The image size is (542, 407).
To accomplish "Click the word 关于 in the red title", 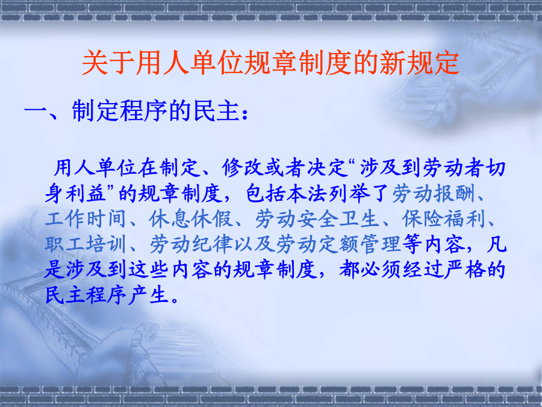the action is tap(108, 63).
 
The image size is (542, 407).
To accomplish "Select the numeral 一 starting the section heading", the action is tap(36, 112).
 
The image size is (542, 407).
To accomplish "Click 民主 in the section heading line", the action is tap(217, 111).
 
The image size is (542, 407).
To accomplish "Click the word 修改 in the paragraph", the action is tap(243, 168).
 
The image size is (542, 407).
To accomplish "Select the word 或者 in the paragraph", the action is tap(285, 168).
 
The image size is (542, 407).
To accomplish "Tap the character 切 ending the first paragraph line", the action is tap(496, 168).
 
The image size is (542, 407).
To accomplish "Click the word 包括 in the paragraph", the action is tap(266, 194).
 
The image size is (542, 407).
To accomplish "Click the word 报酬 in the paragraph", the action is tap(455, 194).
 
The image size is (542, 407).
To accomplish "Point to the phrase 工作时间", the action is tap(86, 219).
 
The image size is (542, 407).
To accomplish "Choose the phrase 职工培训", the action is tap(86, 245).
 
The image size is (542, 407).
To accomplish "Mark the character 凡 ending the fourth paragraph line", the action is tap(496, 245).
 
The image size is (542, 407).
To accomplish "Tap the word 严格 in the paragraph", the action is tap(465, 270).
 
